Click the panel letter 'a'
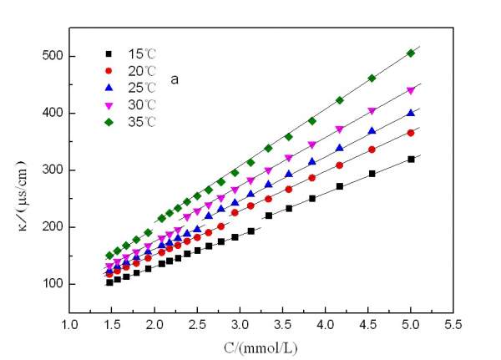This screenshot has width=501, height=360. click(175, 80)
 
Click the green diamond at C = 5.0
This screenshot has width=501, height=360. click(411, 53)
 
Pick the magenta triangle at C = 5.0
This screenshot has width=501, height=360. click(411, 90)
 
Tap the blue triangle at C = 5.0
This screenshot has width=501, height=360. click(411, 113)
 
